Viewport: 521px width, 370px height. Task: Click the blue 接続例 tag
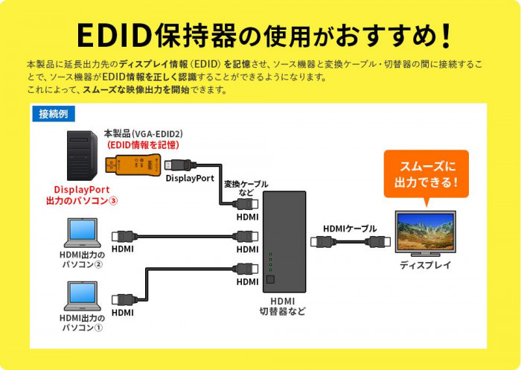pyautogui.click(x=53, y=114)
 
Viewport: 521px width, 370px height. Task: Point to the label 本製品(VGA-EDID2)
pyautogui.click(x=143, y=133)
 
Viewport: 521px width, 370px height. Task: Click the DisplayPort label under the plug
pyautogui.click(x=190, y=179)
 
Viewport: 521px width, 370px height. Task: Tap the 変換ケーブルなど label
pyautogui.click(x=246, y=189)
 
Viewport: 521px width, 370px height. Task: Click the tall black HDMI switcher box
pyautogui.click(x=284, y=243)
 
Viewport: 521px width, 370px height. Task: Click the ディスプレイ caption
pyautogui.click(x=425, y=265)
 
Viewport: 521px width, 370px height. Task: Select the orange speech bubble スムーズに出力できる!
pyautogui.click(x=426, y=173)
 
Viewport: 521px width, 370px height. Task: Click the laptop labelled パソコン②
pyautogui.click(x=81, y=232)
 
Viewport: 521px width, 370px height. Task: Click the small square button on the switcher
pyautogui.click(x=271, y=281)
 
